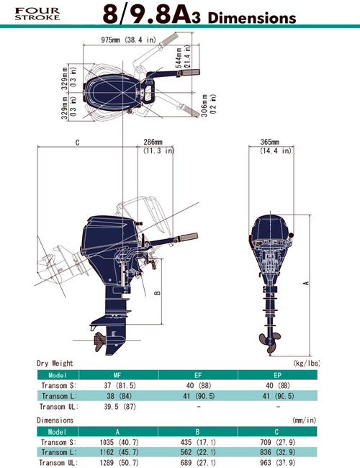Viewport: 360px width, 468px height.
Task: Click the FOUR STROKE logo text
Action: point(37,14)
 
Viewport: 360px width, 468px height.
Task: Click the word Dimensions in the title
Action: point(252,18)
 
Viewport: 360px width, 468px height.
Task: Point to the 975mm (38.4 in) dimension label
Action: point(128,40)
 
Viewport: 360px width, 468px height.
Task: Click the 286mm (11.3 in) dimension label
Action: point(158,146)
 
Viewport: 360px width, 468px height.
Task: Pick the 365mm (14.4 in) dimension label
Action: point(275,146)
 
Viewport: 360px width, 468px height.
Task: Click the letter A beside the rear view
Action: point(306,283)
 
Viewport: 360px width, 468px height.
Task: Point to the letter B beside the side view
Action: point(158,293)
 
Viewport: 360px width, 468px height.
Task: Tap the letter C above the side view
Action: point(78,143)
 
